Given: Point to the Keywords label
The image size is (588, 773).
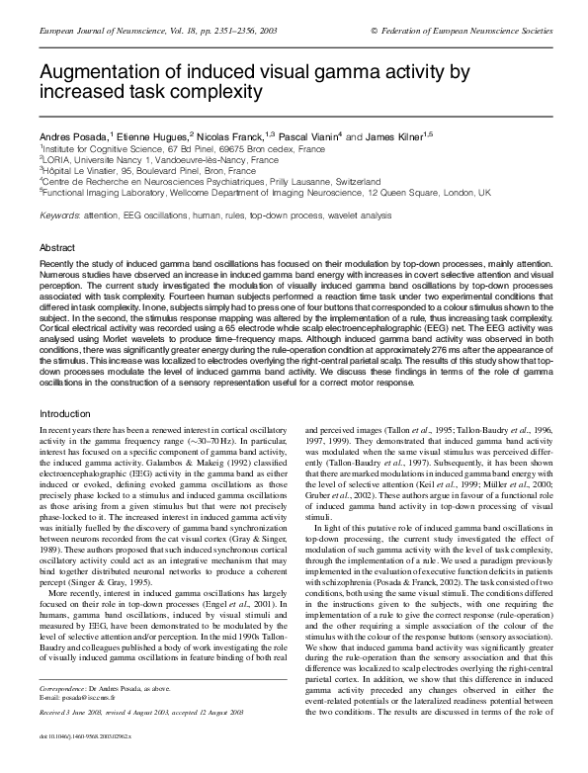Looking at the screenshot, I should tap(60, 215).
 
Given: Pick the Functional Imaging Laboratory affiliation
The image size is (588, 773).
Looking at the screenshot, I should tap(109, 193).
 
